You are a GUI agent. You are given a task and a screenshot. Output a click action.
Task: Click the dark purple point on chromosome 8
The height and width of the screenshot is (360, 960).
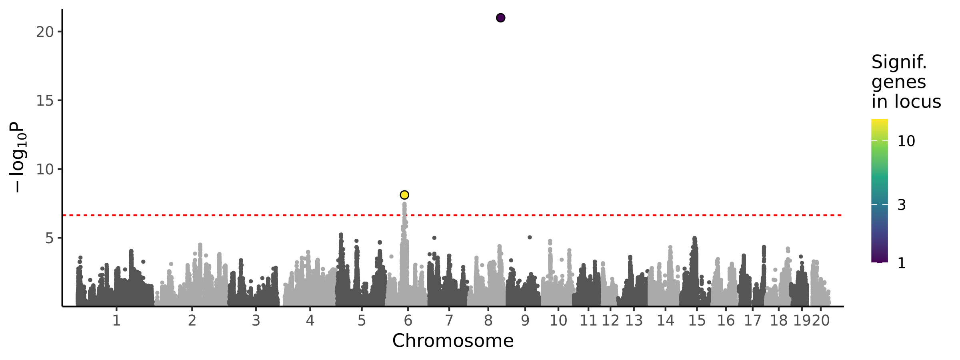(500, 18)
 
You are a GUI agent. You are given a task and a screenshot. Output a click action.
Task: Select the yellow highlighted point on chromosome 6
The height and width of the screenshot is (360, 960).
(404, 195)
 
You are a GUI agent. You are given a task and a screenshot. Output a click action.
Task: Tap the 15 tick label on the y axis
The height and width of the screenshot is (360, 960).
(45, 101)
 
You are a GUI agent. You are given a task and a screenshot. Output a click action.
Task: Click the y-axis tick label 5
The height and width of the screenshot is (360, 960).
(49, 238)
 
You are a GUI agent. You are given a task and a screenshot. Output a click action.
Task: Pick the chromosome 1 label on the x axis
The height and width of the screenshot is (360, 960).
(116, 320)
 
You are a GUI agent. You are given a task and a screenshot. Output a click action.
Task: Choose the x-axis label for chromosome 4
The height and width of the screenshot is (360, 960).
(310, 320)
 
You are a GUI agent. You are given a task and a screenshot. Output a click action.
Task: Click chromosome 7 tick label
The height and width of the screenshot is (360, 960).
(449, 320)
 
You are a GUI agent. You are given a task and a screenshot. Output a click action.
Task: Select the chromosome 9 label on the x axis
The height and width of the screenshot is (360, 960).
(525, 320)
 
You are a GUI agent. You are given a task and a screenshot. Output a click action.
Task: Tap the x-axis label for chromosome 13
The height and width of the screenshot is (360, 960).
(634, 320)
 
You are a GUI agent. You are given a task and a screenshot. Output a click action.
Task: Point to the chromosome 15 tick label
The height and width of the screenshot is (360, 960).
(697, 320)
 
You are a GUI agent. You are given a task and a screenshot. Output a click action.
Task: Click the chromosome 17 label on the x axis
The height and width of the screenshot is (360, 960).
(752, 320)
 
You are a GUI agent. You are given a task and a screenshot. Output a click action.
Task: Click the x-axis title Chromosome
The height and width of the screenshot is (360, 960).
(453, 341)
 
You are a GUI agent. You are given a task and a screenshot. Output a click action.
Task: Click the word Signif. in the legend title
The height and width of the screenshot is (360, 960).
(899, 62)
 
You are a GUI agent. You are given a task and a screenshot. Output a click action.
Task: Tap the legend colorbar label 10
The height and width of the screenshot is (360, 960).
(906, 141)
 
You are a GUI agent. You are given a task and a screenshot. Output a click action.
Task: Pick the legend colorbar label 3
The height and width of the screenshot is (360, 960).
(902, 205)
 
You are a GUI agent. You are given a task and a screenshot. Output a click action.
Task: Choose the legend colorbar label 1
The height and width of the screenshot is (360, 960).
(902, 263)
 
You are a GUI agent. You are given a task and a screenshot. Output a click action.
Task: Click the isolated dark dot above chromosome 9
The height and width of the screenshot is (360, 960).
(530, 237)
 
